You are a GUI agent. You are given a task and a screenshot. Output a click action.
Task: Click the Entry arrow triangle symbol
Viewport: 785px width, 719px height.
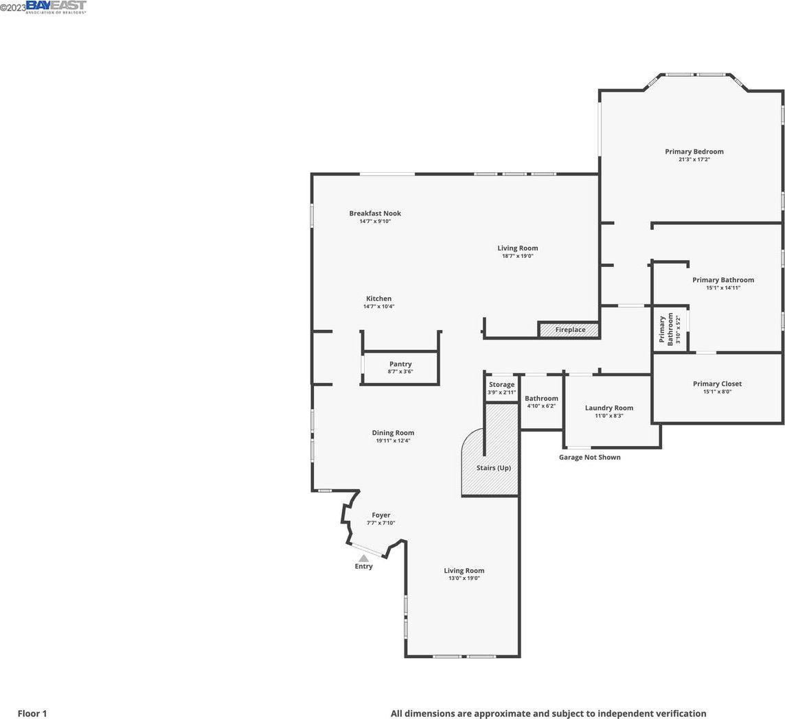363,558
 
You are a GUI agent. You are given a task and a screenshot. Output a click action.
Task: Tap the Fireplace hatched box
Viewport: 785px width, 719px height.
569,329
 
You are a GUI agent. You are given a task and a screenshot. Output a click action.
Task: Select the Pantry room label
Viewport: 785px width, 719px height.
400,364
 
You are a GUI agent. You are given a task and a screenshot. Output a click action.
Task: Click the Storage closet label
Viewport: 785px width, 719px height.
501,384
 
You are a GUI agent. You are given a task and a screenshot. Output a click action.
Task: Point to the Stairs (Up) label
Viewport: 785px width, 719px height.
494,468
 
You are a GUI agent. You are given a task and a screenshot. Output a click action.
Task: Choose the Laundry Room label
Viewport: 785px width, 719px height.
608,408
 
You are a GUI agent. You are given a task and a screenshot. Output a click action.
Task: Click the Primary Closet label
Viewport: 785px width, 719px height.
717,384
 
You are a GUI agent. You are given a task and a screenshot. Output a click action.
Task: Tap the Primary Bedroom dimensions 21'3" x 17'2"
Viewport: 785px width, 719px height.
694,159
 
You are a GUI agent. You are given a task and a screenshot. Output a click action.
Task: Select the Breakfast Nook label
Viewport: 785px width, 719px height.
375,213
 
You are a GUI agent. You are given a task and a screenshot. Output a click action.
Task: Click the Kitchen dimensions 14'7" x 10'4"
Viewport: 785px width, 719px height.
378,307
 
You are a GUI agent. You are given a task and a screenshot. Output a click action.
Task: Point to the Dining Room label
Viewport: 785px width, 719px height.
393,433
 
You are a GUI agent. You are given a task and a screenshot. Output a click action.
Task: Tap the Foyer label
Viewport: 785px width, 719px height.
381,515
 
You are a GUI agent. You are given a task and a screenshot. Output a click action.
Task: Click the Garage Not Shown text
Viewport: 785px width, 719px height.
590,457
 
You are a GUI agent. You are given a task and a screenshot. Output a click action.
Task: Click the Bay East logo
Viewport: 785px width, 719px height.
56,6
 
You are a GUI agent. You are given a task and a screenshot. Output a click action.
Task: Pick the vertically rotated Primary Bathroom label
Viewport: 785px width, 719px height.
666,330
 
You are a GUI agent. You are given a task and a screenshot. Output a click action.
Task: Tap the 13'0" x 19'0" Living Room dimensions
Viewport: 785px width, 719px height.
464,578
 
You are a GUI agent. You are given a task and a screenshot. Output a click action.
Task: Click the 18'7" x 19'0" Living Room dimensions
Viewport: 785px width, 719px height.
518,256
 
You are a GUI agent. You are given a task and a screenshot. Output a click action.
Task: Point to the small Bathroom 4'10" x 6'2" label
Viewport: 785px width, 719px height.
541,402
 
